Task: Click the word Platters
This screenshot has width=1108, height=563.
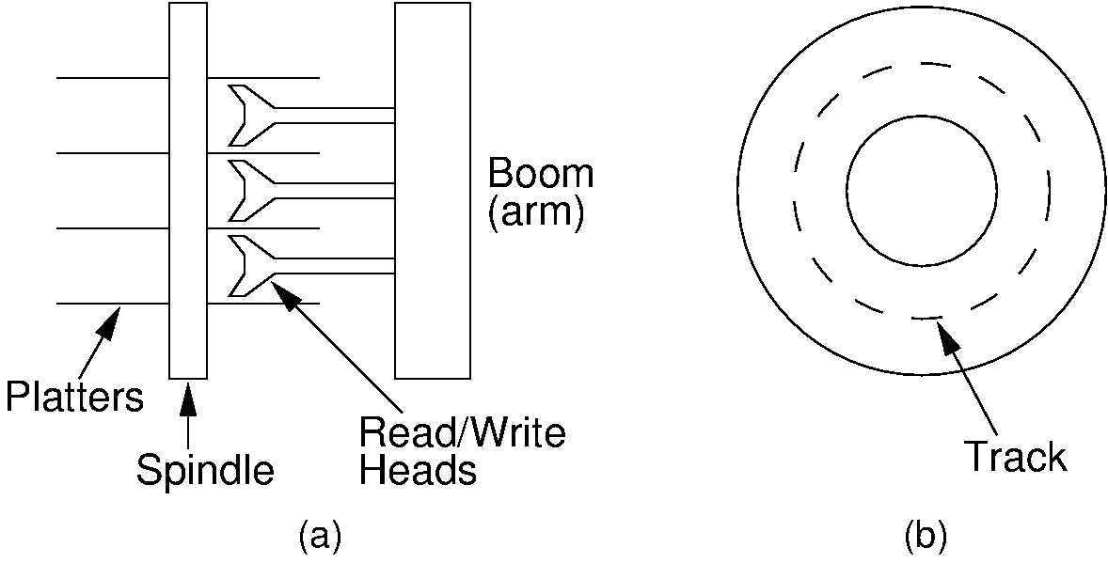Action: (x=75, y=398)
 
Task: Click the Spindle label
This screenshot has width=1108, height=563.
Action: (x=205, y=469)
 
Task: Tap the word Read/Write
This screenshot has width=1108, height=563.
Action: (x=463, y=434)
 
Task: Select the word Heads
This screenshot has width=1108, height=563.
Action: (x=419, y=470)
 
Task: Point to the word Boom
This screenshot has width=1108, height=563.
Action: (x=541, y=175)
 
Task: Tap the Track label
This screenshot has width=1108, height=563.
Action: (x=1016, y=457)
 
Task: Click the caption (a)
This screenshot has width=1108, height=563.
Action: (x=319, y=536)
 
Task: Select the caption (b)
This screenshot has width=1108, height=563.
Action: (x=925, y=536)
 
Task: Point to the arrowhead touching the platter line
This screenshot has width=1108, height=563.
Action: (x=111, y=321)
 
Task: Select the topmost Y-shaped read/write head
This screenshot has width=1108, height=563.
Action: (x=246, y=116)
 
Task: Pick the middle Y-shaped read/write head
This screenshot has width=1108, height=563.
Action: (x=246, y=191)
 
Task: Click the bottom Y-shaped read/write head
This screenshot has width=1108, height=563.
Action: (x=246, y=266)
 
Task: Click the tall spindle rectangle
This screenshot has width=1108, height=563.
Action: (x=188, y=188)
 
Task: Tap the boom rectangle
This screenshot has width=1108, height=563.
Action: (x=432, y=188)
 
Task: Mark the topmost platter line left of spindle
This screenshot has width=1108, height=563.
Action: (x=113, y=77)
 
